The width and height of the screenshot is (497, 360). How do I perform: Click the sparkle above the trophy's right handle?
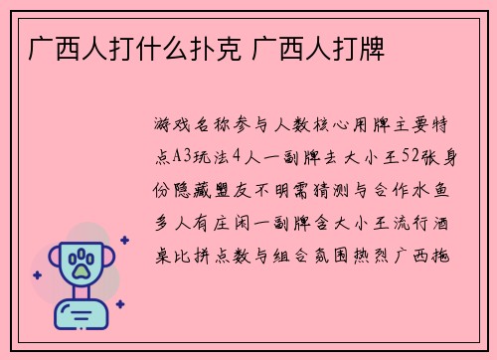124,240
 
